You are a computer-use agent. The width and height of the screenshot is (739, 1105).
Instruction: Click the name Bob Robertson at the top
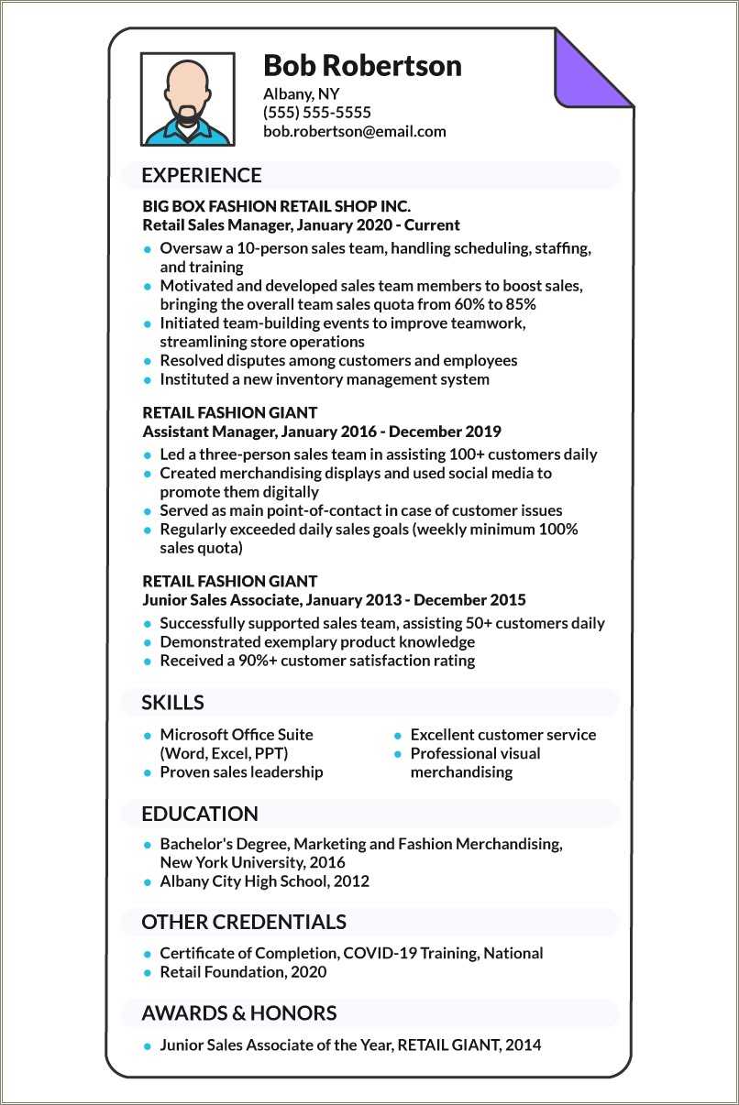[362, 66]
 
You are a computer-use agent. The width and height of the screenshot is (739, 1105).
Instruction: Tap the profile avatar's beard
[188, 114]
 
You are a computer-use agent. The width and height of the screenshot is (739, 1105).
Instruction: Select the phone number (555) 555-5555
[317, 113]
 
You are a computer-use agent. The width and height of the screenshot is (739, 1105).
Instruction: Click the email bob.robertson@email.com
[355, 131]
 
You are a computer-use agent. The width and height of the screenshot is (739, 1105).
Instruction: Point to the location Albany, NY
[302, 93]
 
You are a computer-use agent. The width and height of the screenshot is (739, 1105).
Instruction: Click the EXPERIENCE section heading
[202, 175]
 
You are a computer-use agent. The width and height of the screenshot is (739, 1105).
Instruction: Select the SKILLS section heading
[172, 703]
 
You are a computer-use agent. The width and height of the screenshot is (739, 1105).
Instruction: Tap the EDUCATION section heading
[200, 814]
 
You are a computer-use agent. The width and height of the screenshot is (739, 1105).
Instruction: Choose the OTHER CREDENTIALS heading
[244, 922]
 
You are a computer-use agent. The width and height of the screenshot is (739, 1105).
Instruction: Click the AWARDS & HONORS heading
[239, 1012]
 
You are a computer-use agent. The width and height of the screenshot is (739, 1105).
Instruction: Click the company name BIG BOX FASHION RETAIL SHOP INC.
[277, 206]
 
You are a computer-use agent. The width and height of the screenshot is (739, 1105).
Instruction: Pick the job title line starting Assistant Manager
[322, 432]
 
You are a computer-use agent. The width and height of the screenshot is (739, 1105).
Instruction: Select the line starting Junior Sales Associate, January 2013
[335, 600]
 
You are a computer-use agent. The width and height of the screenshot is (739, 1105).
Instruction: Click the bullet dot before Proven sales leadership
[147, 772]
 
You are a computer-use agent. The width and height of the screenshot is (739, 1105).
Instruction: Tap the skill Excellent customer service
[502, 735]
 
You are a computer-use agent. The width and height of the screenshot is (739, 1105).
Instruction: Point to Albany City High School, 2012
[264, 881]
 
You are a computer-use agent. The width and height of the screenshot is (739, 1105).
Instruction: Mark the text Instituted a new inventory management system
[325, 379]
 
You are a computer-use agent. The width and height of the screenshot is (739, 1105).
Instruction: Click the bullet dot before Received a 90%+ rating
[147, 661]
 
